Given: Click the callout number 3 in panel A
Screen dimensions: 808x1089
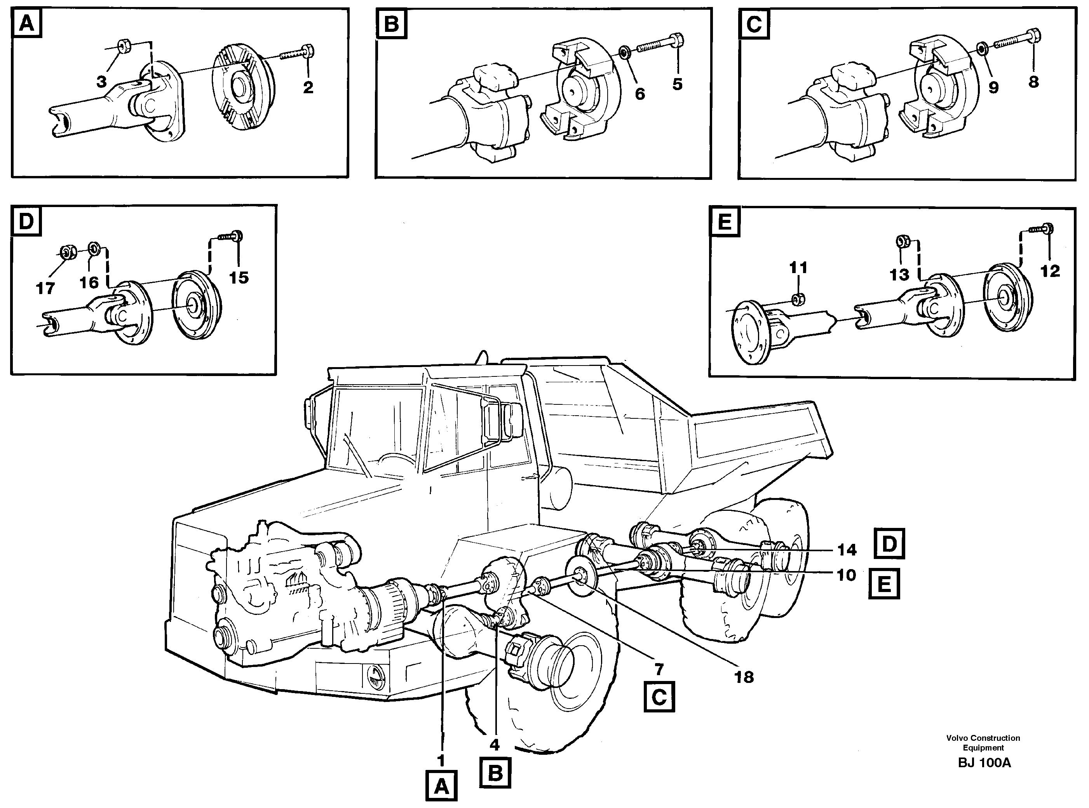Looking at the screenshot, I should [x=101, y=82].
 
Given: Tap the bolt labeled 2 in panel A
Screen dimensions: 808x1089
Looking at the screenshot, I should [x=308, y=50].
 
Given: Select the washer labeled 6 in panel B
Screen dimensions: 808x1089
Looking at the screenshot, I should [x=625, y=51].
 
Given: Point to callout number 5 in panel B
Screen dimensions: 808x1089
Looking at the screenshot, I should [x=677, y=84].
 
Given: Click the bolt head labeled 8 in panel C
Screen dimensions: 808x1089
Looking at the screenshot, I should [x=1034, y=37].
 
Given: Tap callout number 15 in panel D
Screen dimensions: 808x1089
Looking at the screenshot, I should [x=239, y=278].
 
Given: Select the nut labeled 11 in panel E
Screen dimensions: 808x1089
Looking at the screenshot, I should [x=798, y=299].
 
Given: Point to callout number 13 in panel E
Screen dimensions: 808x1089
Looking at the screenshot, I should [x=899, y=275].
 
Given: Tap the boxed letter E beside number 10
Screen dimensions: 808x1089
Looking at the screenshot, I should [x=884, y=584].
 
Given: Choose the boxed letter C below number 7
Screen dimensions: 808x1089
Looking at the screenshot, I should [x=659, y=697].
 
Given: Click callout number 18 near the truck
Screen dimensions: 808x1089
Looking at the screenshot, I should [x=744, y=677].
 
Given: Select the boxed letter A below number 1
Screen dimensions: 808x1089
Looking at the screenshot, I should [x=441, y=787].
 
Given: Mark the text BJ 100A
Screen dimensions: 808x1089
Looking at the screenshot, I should [x=984, y=763].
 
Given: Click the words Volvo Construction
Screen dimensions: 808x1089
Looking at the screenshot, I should [x=983, y=738].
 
